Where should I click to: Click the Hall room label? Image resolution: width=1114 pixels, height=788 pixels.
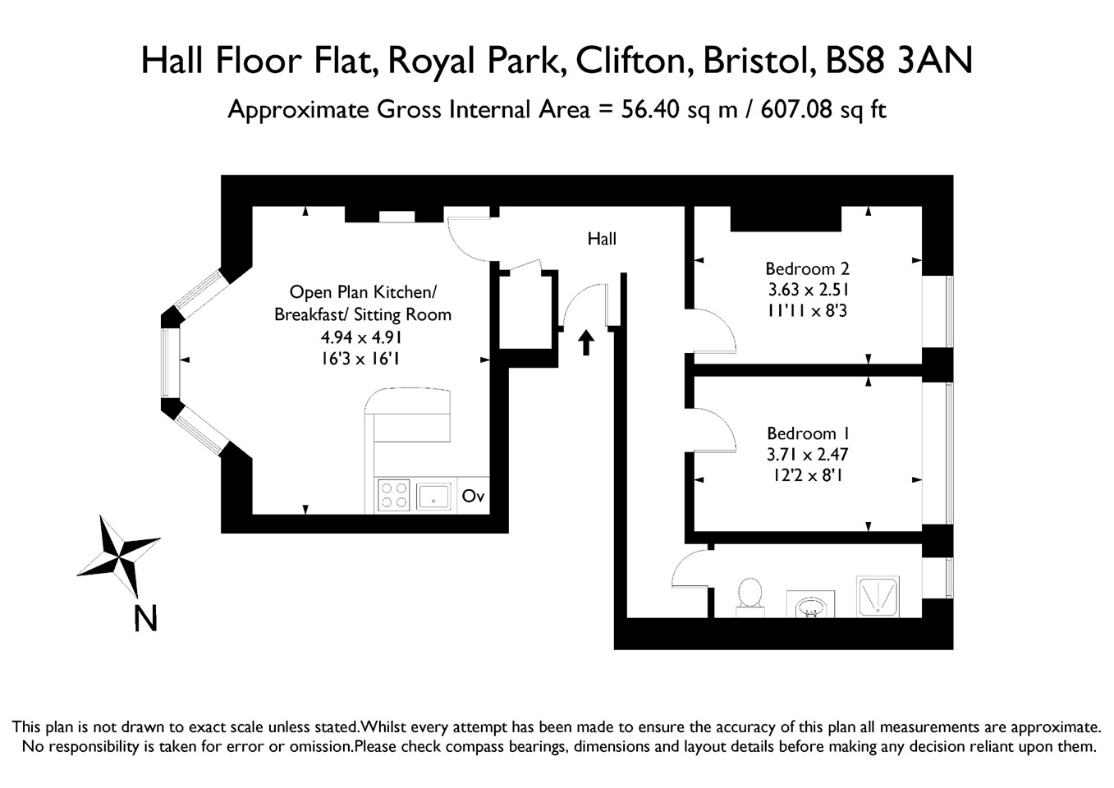[x=602, y=239]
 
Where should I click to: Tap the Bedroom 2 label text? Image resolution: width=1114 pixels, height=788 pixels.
[x=807, y=268]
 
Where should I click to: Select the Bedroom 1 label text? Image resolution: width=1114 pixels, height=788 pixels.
[x=808, y=433]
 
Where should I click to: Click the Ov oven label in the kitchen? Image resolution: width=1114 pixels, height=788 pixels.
[x=473, y=496]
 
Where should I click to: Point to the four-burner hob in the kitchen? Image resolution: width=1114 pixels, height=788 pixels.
[x=393, y=496]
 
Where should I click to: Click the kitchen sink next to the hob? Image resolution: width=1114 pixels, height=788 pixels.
[x=434, y=496]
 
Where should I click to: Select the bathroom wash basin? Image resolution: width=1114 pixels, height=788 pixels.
[x=811, y=606]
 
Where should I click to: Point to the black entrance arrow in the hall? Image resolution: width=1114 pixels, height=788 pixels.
[x=586, y=341]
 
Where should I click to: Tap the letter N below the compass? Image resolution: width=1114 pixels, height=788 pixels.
[x=145, y=618]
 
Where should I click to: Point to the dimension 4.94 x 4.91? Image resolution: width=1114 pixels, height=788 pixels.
[x=362, y=337]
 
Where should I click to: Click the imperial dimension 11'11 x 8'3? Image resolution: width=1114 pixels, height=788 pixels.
[x=807, y=311]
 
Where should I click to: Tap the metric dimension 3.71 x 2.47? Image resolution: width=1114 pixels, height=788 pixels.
[x=808, y=455]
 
